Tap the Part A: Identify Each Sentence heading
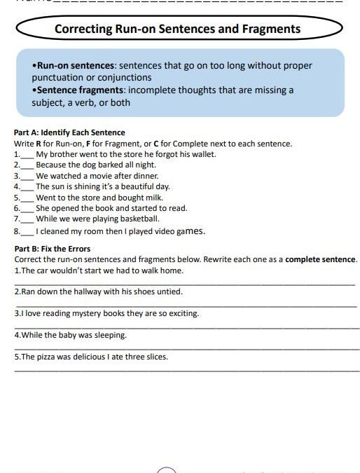click(69, 132)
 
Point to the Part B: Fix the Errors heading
click(53, 249)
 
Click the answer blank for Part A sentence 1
click(27, 154)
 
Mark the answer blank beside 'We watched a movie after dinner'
click(27, 176)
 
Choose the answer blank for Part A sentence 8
click(27, 231)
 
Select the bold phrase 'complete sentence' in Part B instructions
click(321, 259)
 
